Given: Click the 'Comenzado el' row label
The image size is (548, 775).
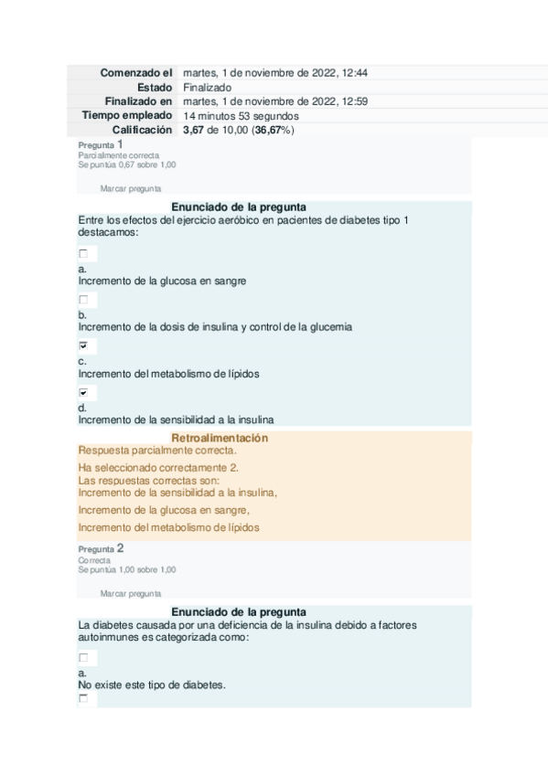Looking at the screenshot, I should click(135, 73).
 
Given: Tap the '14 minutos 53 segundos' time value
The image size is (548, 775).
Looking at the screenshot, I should click(241, 116).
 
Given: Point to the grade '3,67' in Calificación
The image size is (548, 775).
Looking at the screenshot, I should click(195, 131).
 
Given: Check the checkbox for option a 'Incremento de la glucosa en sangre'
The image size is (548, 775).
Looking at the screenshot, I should click(84, 253).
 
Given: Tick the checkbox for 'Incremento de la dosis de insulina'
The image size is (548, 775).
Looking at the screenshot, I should click(84, 300).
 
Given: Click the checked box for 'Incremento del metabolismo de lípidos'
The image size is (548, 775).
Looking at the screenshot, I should click(84, 346).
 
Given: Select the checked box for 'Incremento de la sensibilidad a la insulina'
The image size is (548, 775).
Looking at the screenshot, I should click(84, 392).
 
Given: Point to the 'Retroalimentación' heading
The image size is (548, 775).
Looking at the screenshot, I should click(220, 439).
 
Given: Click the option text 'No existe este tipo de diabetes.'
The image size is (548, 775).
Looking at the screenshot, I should click(151, 684).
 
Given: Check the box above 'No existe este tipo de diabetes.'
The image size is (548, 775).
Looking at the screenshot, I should click(84, 657).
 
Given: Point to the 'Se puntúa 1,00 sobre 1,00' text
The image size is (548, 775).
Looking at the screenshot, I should click(127, 569).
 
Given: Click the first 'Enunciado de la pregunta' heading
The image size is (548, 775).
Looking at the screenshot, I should click(238, 207).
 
